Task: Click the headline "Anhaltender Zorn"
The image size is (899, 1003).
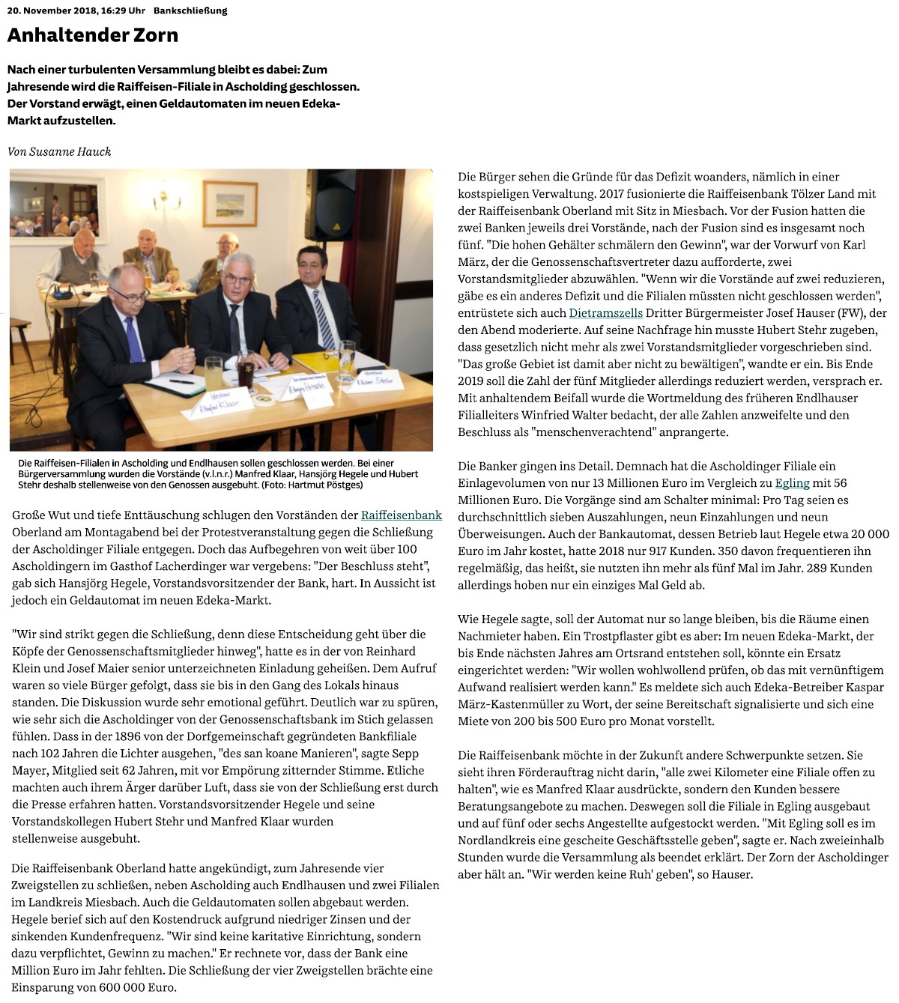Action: [x=93, y=35]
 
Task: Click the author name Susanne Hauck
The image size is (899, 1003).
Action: [x=70, y=152]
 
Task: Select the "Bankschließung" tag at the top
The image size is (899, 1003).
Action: [x=190, y=10]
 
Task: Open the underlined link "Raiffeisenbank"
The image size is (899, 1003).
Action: [x=401, y=515]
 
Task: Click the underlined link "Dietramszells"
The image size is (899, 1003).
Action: [x=605, y=313]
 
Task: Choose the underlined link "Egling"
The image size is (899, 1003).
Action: [x=792, y=483]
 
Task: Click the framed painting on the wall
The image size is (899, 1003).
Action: [x=230, y=203]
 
